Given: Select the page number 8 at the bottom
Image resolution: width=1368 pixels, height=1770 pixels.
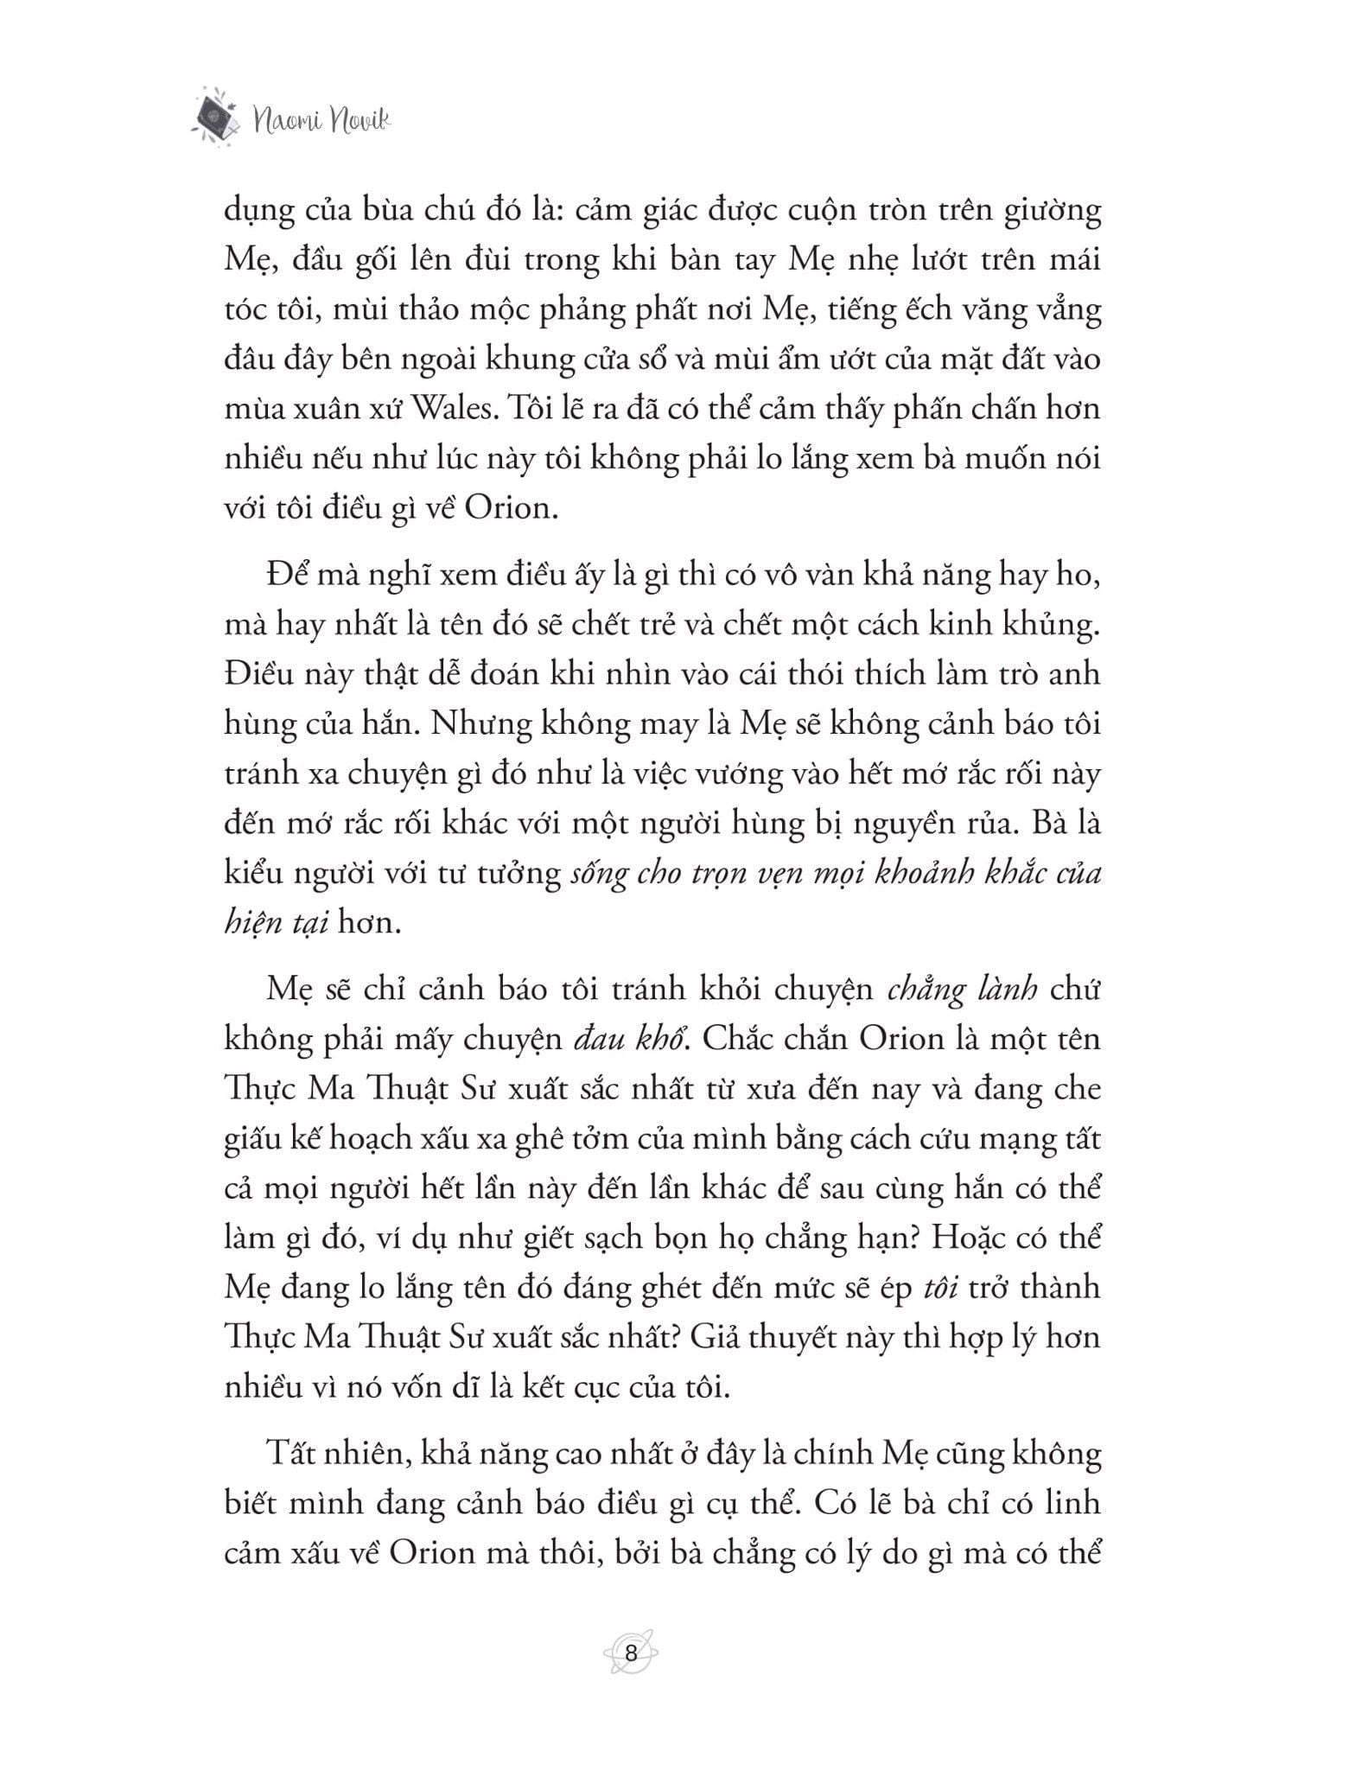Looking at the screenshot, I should tap(631, 1654).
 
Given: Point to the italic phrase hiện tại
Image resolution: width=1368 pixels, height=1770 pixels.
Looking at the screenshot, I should tap(277, 923).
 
